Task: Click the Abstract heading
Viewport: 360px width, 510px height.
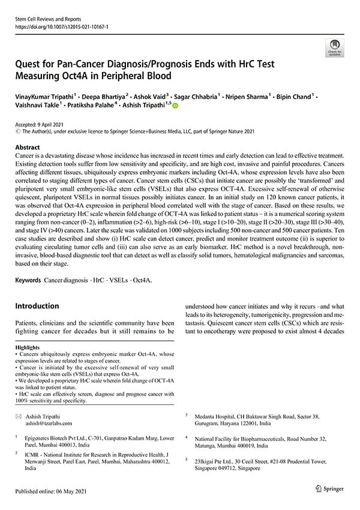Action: pyautogui.click(x=28, y=147)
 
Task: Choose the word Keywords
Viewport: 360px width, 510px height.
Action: pyautogui.click(x=28, y=280)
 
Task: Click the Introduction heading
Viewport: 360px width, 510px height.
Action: pyautogui.click(x=37, y=306)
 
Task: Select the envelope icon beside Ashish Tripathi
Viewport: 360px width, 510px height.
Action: pyautogui.click(x=18, y=416)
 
